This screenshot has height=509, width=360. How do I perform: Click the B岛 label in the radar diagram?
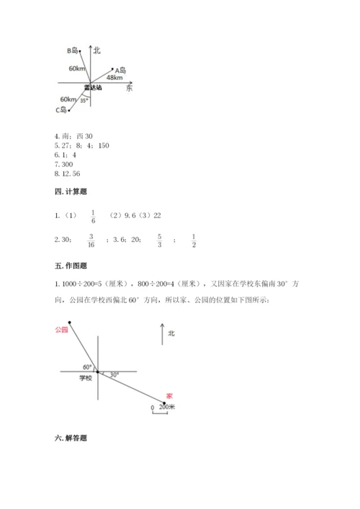73,50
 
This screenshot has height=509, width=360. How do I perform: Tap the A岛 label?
120,70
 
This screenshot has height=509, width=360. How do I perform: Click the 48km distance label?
113,77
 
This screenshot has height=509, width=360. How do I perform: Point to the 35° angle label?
84,101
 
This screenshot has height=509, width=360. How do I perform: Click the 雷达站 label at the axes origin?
92,87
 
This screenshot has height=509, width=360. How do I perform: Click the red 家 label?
169,395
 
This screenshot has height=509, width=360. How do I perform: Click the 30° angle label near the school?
114,374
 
